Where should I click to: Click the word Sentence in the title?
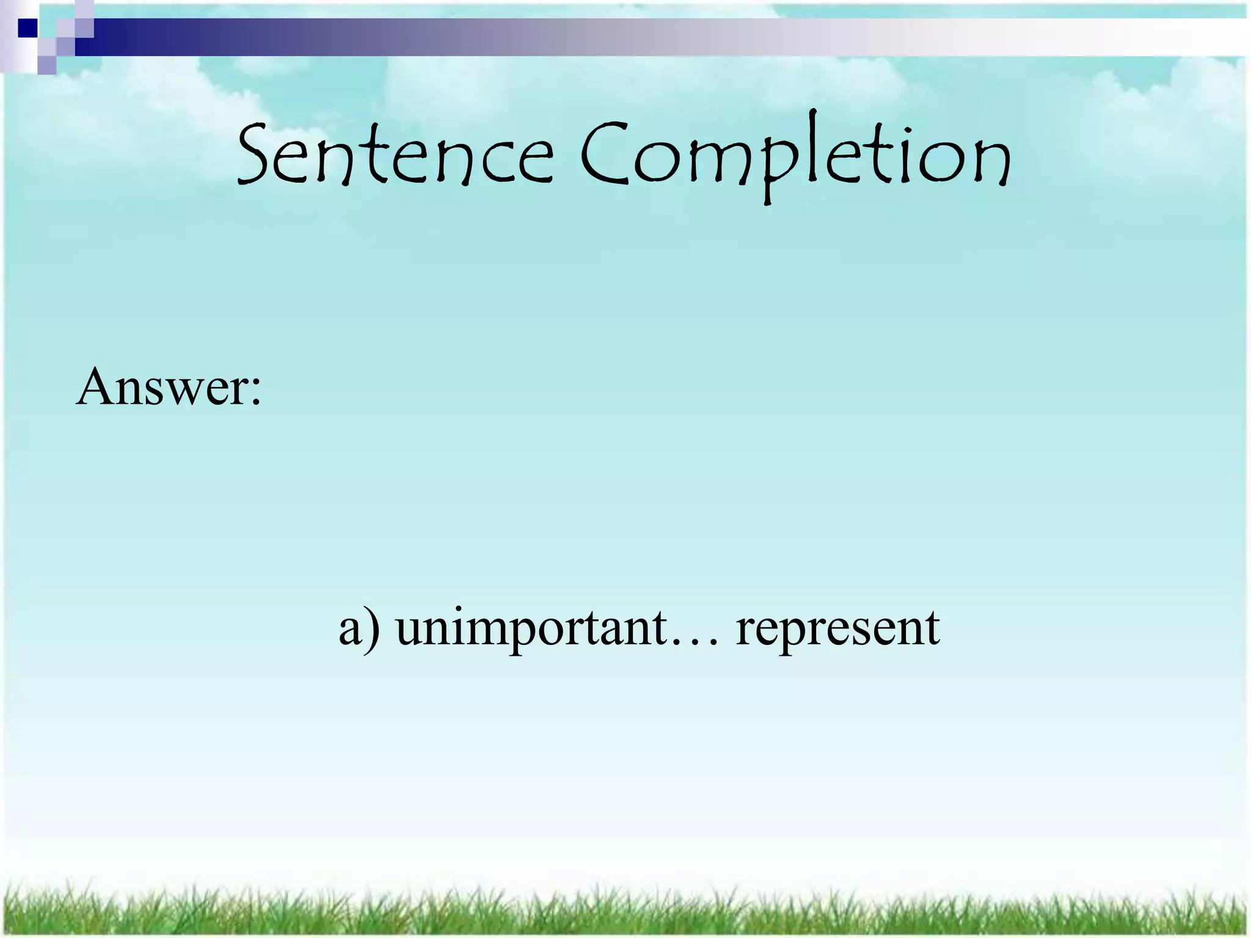pos(394,156)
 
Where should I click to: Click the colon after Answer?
pos(255,391)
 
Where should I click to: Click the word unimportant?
pos(531,629)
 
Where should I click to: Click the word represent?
pos(837,629)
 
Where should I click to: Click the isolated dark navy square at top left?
pos(27,27)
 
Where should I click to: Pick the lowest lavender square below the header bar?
pos(46,65)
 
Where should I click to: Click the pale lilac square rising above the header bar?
pos(84,9)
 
